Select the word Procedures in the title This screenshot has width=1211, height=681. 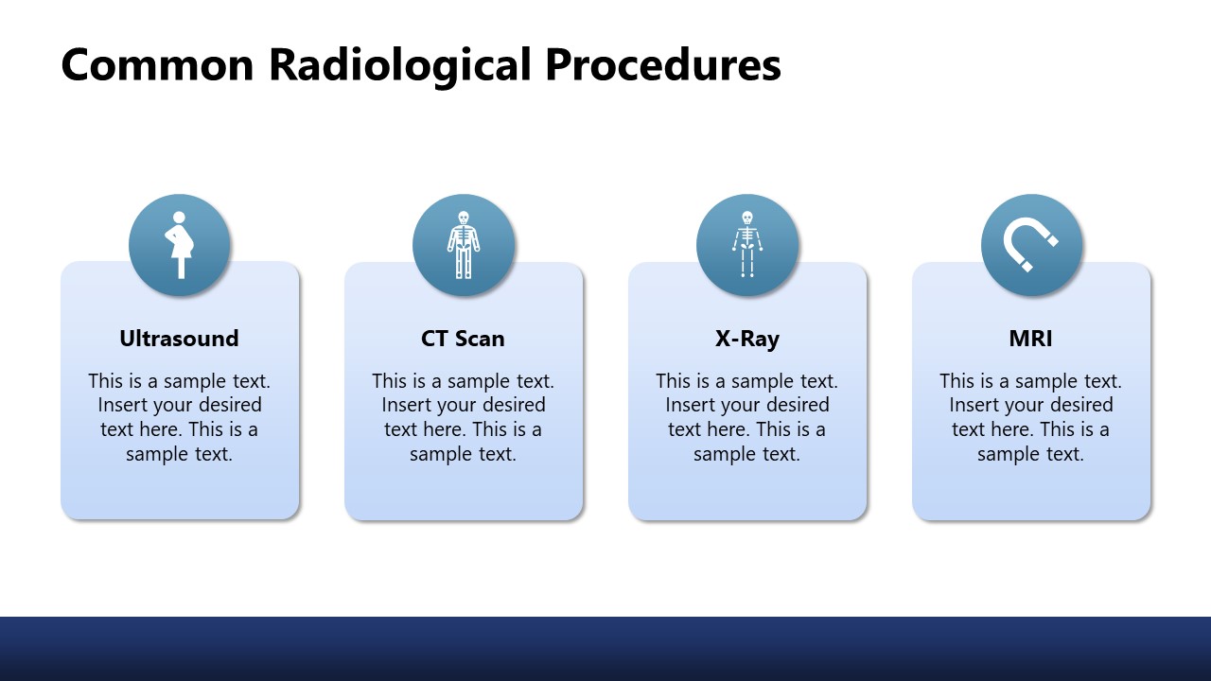663,65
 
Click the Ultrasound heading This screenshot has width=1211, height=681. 179,339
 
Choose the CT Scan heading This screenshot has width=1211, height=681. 463,339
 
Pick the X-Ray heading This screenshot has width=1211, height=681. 746,339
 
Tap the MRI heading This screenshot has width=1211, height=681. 1030,339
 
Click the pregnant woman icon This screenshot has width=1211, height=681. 179,245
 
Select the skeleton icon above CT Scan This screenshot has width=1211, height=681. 463,245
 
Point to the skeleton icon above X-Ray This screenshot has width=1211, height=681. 746,245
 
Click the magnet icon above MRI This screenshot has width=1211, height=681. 1031,245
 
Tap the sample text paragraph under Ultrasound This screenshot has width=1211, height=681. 179,417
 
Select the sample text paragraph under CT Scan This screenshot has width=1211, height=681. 463,417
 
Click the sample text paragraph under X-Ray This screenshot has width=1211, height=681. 746,417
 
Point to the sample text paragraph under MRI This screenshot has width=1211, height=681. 1030,417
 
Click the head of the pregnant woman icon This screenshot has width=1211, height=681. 177,218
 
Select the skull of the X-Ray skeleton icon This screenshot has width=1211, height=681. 746,217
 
